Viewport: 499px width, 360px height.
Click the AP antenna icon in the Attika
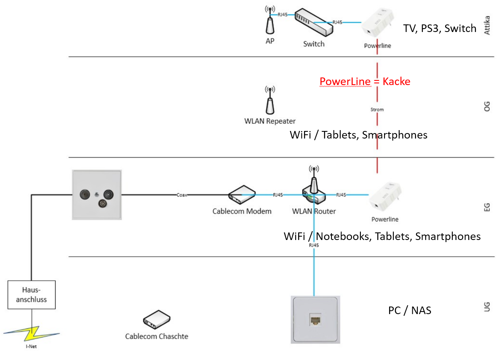click(x=270, y=23)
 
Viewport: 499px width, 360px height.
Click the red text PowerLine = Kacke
click(x=365, y=81)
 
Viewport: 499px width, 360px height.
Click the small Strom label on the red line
click(x=377, y=109)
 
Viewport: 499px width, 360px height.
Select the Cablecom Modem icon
click(x=242, y=195)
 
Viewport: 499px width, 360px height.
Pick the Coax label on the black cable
click(x=182, y=195)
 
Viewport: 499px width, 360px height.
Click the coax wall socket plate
click(x=97, y=195)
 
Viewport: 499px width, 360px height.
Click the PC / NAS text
click(x=409, y=311)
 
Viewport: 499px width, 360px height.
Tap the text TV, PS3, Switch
click(x=440, y=28)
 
